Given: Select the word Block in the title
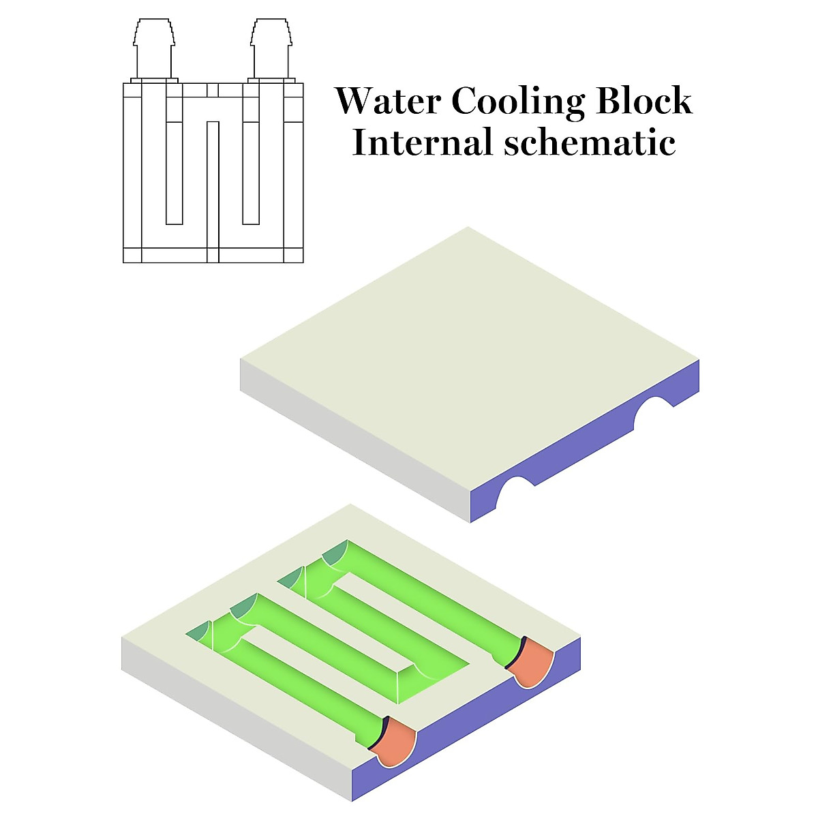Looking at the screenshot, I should click(644, 101).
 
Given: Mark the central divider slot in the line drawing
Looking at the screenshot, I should click(213, 184).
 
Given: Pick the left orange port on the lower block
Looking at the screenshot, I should click(397, 746).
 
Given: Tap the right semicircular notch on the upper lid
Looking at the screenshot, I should click(654, 413).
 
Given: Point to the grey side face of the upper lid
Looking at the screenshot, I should click(354, 436).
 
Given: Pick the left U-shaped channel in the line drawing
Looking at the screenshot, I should click(174, 170).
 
